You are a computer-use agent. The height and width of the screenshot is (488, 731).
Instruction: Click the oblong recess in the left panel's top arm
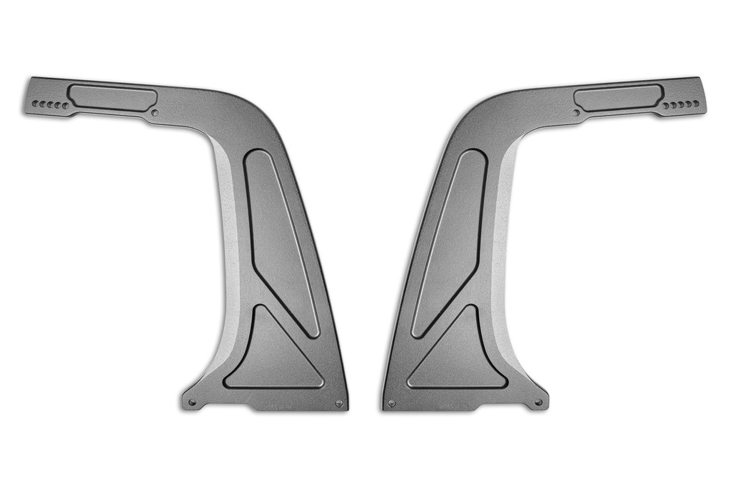point(112,97)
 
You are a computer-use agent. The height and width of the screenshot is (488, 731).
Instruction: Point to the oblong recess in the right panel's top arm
point(618,97)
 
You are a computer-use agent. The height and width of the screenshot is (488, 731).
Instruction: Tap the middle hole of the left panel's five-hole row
point(50,105)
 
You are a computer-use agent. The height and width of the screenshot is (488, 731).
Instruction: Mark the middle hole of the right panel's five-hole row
point(681,105)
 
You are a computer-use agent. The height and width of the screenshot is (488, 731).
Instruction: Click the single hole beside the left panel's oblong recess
point(155,112)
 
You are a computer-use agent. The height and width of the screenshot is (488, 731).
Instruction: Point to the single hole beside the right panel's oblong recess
point(576,112)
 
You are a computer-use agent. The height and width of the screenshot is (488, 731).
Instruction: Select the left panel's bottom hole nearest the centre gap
point(339,404)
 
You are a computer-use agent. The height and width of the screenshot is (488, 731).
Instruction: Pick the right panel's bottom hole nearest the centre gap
point(391,404)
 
